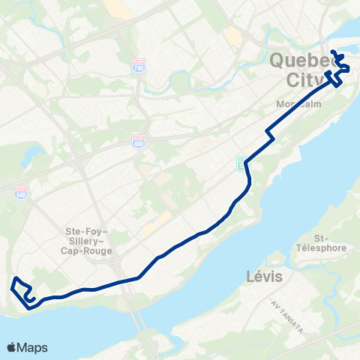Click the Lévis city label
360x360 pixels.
[x=264, y=277]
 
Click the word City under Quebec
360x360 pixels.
[x=307, y=79]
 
